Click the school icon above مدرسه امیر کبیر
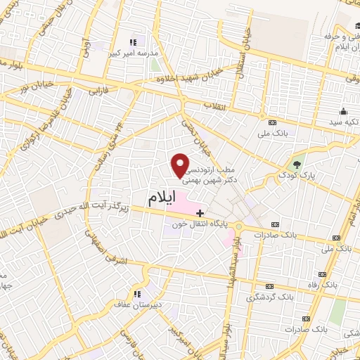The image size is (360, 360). click(x=134, y=41)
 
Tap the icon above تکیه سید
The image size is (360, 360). click(x=343, y=111)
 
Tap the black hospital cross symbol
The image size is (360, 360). click(x=200, y=213)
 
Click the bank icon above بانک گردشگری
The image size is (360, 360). click(x=270, y=286)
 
